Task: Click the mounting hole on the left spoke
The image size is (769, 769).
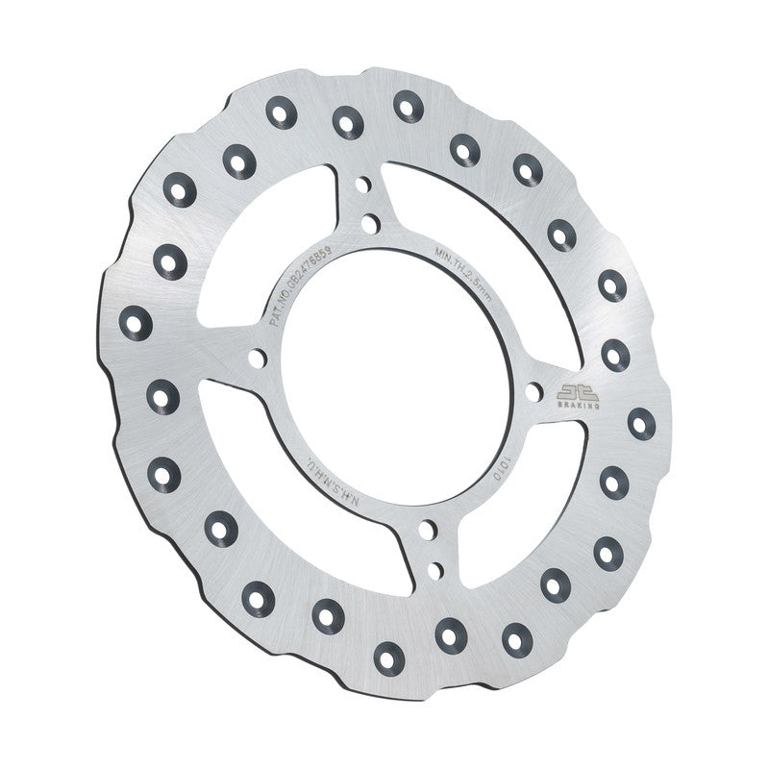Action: [256, 359]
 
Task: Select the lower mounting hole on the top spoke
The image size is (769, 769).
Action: [370, 224]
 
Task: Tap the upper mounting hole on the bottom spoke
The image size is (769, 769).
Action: [425, 531]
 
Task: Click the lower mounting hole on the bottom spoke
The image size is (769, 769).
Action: [434, 570]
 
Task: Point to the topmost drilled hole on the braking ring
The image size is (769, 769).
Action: [408, 105]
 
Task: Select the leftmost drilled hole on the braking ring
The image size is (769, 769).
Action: [136, 322]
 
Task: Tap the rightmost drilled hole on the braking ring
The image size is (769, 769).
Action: [641, 423]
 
